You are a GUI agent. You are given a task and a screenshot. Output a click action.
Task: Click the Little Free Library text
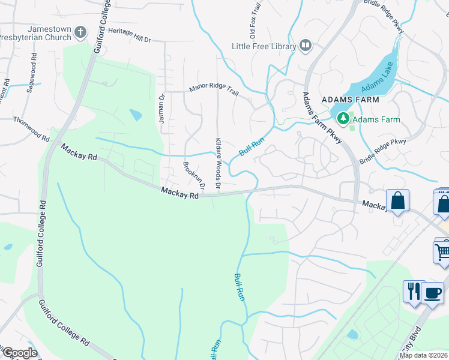[x=264, y=46]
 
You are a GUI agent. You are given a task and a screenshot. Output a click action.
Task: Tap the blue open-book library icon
[x=306, y=46]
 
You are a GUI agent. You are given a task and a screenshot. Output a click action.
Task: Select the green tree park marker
[x=343, y=119]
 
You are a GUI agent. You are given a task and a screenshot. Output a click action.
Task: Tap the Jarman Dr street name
[x=161, y=109]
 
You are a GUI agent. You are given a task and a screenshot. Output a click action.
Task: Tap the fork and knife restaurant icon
[x=413, y=292]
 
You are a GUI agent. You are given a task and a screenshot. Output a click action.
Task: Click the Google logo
[x=20, y=353]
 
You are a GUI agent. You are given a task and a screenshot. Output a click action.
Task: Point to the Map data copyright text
[x=424, y=355]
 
